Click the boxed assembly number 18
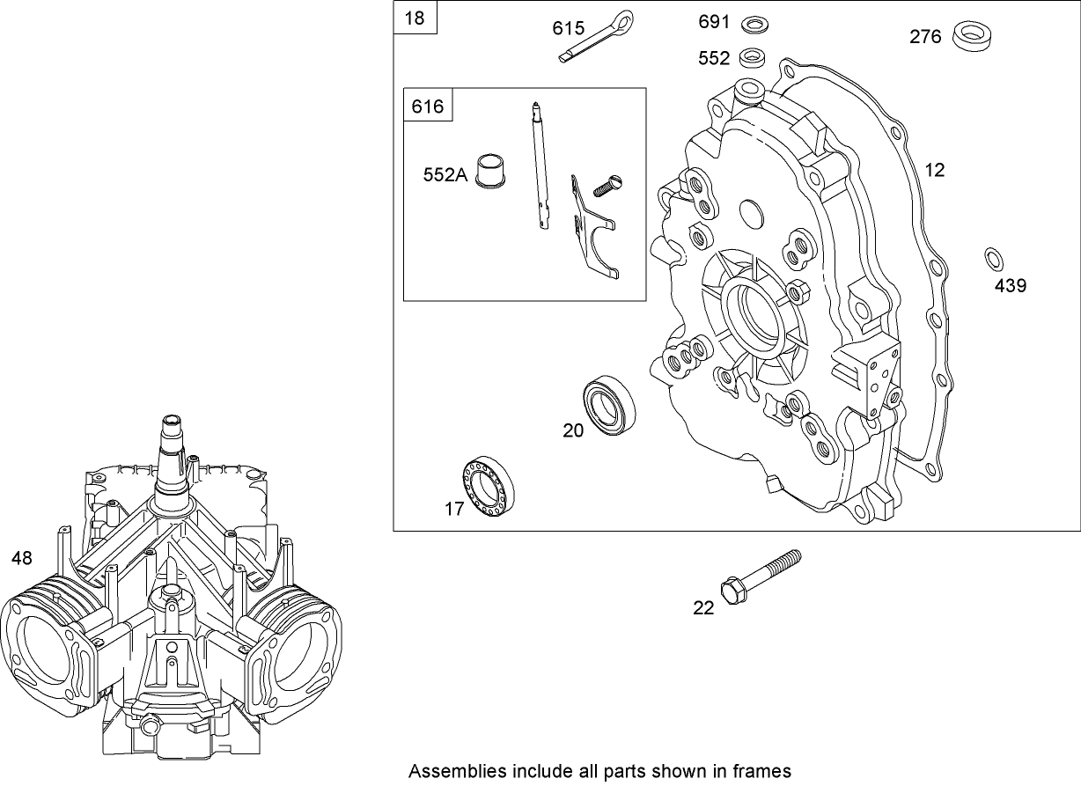(414, 19)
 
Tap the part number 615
(568, 29)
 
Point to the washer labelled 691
(753, 23)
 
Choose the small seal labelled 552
(752, 58)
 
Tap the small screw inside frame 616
(607, 187)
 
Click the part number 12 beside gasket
(935, 170)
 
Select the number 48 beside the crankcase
(22, 557)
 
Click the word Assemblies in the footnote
(448, 770)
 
